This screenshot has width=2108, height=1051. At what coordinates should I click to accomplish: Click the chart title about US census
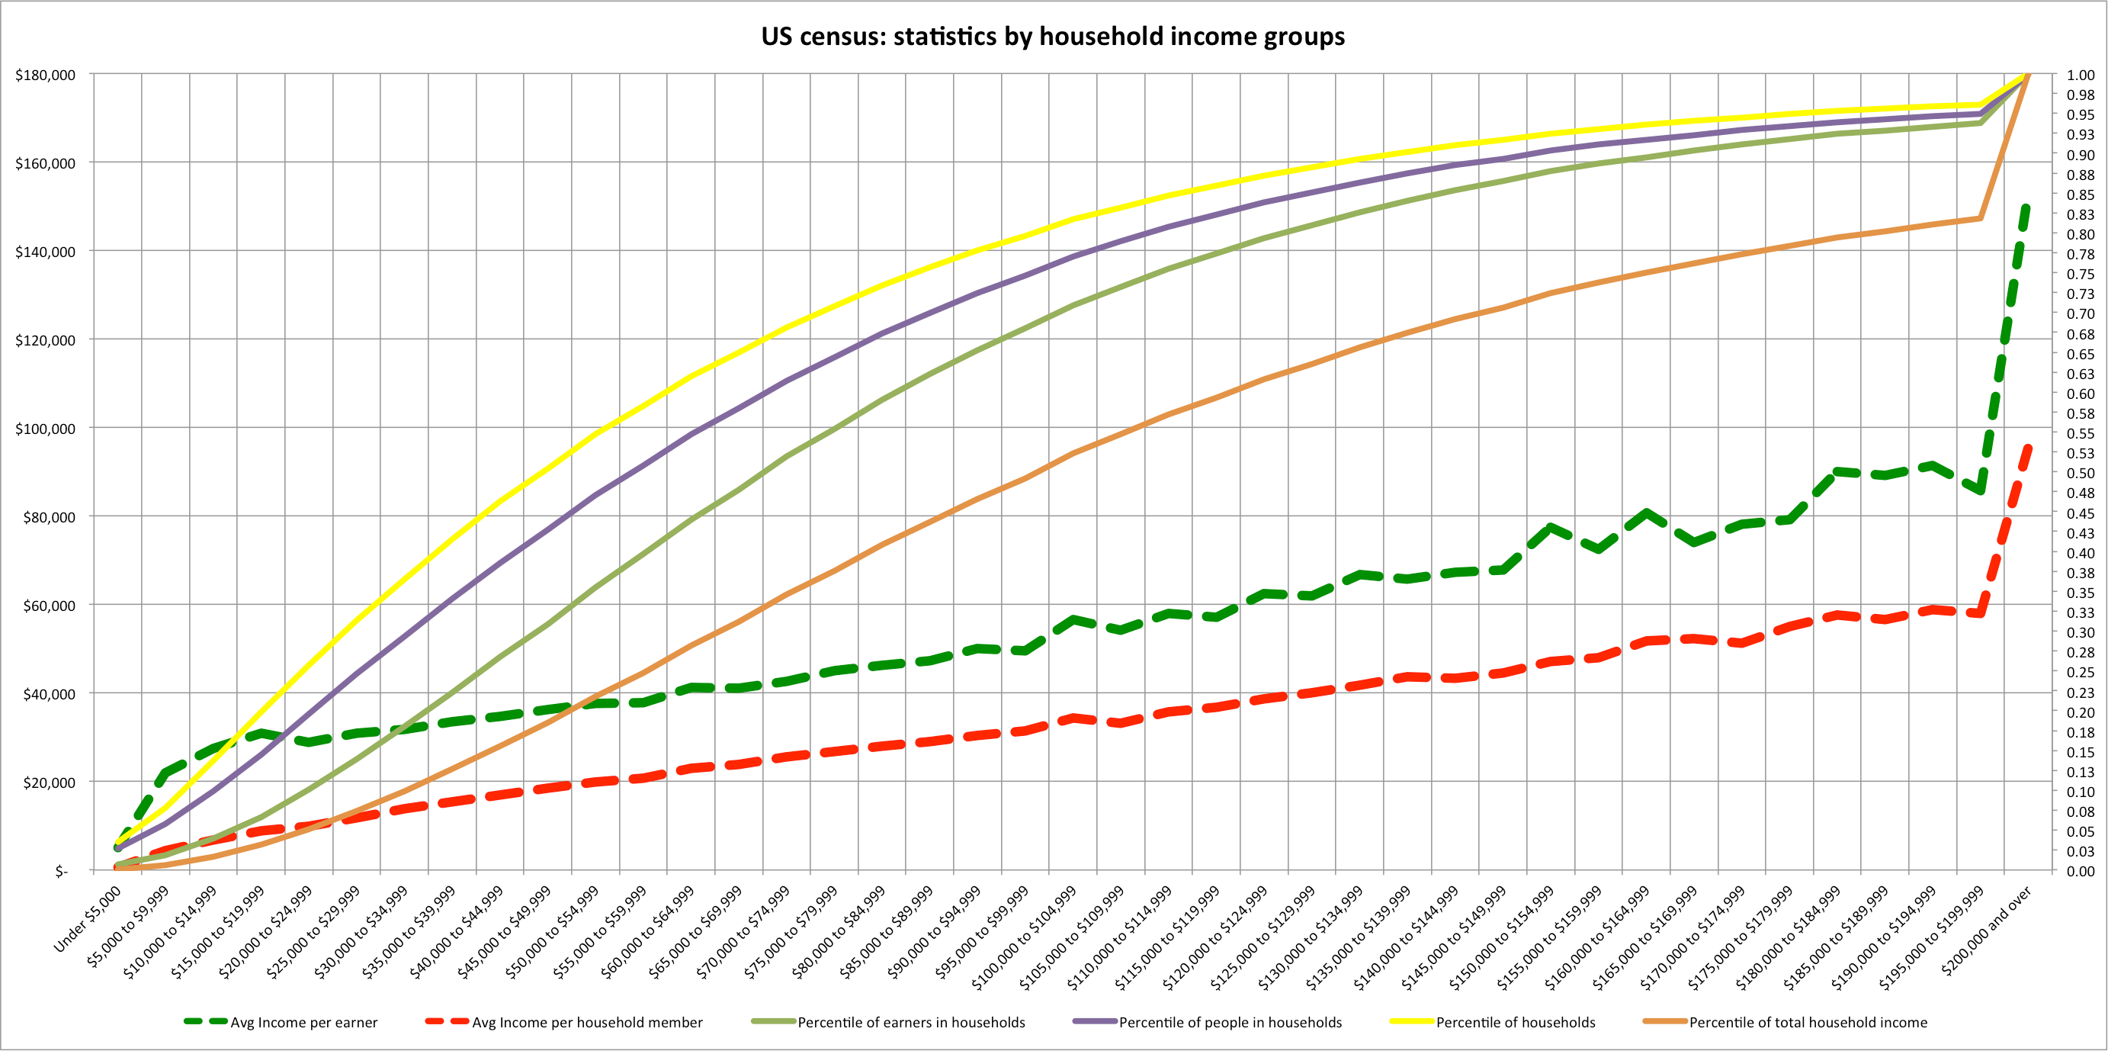click(x=1052, y=37)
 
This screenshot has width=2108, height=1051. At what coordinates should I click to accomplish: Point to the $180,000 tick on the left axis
click(x=45, y=76)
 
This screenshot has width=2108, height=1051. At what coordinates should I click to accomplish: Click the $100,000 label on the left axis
click(x=45, y=429)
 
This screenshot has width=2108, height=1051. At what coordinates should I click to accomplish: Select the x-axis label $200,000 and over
click(x=1986, y=930)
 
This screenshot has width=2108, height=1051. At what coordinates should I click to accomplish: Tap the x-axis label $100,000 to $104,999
click(x=1024, y=938)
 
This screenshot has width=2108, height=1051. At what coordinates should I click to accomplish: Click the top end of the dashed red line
click(x=2028, y=447)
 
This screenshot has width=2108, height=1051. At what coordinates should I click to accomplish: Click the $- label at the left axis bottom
click(x=62, y=872)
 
